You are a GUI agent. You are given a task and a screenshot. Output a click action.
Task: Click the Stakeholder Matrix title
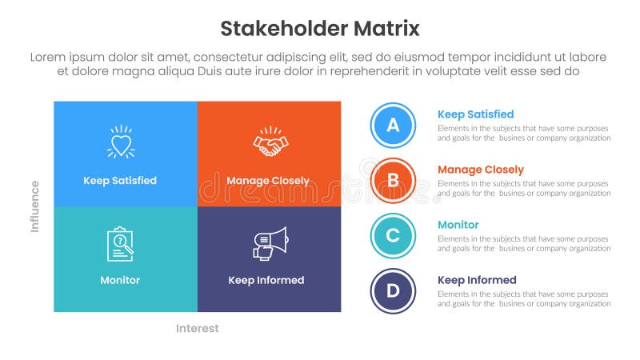319,30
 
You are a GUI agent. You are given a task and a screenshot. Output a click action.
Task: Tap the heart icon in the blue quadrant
120,143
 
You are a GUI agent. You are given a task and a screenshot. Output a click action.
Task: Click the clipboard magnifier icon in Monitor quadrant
120,244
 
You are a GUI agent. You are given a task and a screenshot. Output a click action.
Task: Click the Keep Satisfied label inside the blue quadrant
120,181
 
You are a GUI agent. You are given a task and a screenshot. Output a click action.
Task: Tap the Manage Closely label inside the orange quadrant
267,181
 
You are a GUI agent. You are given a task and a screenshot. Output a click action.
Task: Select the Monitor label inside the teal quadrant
120,280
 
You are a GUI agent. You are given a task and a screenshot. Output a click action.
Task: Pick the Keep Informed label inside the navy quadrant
266,280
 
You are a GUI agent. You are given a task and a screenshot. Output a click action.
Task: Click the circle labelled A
393,125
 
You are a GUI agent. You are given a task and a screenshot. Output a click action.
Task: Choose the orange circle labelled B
393,180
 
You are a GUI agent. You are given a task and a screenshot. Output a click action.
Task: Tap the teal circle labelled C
393,235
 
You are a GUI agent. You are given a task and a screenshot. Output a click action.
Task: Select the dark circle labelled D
393,290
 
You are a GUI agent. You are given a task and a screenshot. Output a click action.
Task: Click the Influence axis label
35,206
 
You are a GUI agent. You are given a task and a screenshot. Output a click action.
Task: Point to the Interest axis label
197,328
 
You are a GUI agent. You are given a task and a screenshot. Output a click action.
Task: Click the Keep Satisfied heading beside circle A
475,114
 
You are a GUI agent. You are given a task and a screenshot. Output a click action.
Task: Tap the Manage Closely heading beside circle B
480,170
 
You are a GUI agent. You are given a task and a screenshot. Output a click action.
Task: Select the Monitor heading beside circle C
458,225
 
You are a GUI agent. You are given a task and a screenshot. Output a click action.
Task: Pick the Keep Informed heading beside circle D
477,280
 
